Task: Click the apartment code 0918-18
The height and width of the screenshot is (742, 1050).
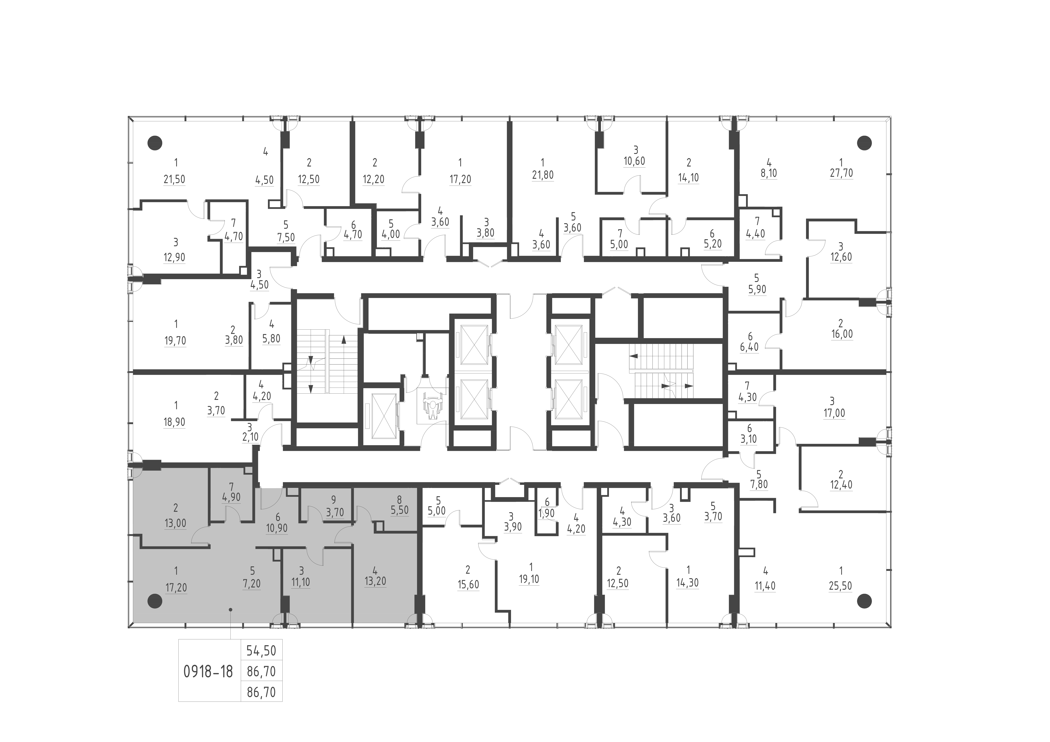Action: pyautogui.click(x=208, y=672)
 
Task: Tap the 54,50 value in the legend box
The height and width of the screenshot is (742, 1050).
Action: pyautogui.click(x=261, y=651)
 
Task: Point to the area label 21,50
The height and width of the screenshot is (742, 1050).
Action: pyautogui.click(x=174, y=179)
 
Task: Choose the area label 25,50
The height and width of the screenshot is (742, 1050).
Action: pyautogui.click(x=840, y=586)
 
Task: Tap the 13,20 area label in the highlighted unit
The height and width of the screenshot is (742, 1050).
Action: pyautogui.click(x=375, y=581)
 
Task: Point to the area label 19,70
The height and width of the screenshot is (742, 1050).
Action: pyautogui.click(x=175, y=341)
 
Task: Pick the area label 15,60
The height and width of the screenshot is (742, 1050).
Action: pyautogui.click(x=468, y=585)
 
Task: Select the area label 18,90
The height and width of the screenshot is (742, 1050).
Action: pyautogui.click(x=174, y=422)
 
